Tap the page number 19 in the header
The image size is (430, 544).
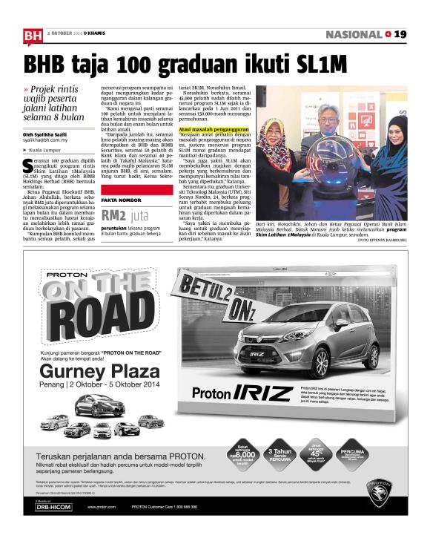click(400, 34)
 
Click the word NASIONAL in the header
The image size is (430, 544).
click(354, 34)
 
